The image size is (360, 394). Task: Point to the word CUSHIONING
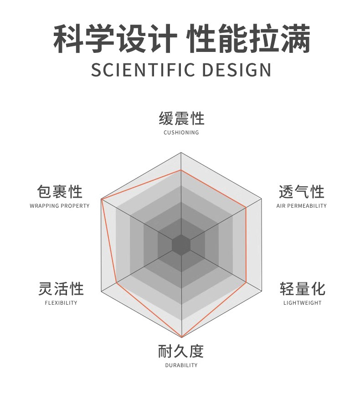click(181, 133)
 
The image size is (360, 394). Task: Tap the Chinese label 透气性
click(301, 192)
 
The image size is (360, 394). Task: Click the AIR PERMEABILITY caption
click(301, 206)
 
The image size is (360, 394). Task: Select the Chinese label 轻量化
click(302, 289)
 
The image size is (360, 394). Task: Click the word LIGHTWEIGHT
click(302, 303)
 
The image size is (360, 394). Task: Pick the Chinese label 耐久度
click(181, 351)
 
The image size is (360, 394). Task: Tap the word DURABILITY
click(181, 365)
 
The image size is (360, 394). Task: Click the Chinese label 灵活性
click(61, 289)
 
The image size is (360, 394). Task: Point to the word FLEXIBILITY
click(61, 303)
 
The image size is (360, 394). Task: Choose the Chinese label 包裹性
click(60, 192)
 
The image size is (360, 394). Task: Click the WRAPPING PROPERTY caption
click(60, 206)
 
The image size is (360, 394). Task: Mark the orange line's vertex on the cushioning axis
click(181, 170)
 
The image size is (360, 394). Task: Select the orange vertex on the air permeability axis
click(246, 208)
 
